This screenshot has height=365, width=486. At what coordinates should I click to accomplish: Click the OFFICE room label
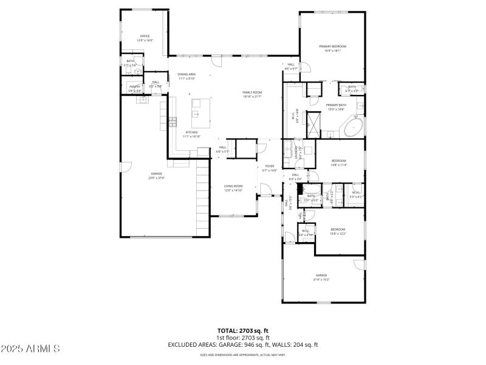click(145, 36)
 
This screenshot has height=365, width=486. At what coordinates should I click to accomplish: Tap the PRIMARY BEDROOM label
click(333, 46)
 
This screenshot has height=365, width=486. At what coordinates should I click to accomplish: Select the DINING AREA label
click(187, 74)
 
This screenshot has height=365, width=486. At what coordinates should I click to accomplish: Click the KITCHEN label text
click(191, 132)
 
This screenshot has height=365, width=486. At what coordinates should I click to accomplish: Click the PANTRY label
click(135, 86)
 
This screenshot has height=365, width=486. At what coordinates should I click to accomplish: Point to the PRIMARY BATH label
click(336, 105)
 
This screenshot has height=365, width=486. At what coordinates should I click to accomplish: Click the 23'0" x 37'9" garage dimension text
click(157, 178)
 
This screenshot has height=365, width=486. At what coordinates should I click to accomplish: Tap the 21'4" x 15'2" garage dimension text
click(321, 279)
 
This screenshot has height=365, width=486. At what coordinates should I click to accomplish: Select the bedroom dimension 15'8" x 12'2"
click(337, 234)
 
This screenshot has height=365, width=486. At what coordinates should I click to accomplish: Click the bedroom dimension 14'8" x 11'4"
click(338, 165)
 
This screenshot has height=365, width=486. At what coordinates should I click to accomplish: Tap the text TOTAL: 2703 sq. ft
click(243, 330)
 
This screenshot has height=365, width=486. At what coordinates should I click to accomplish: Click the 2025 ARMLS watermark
click(30, 349)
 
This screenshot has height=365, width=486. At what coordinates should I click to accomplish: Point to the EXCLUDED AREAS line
click(243, 345)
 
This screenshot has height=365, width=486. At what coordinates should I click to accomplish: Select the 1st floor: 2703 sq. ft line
click(243, 338)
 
